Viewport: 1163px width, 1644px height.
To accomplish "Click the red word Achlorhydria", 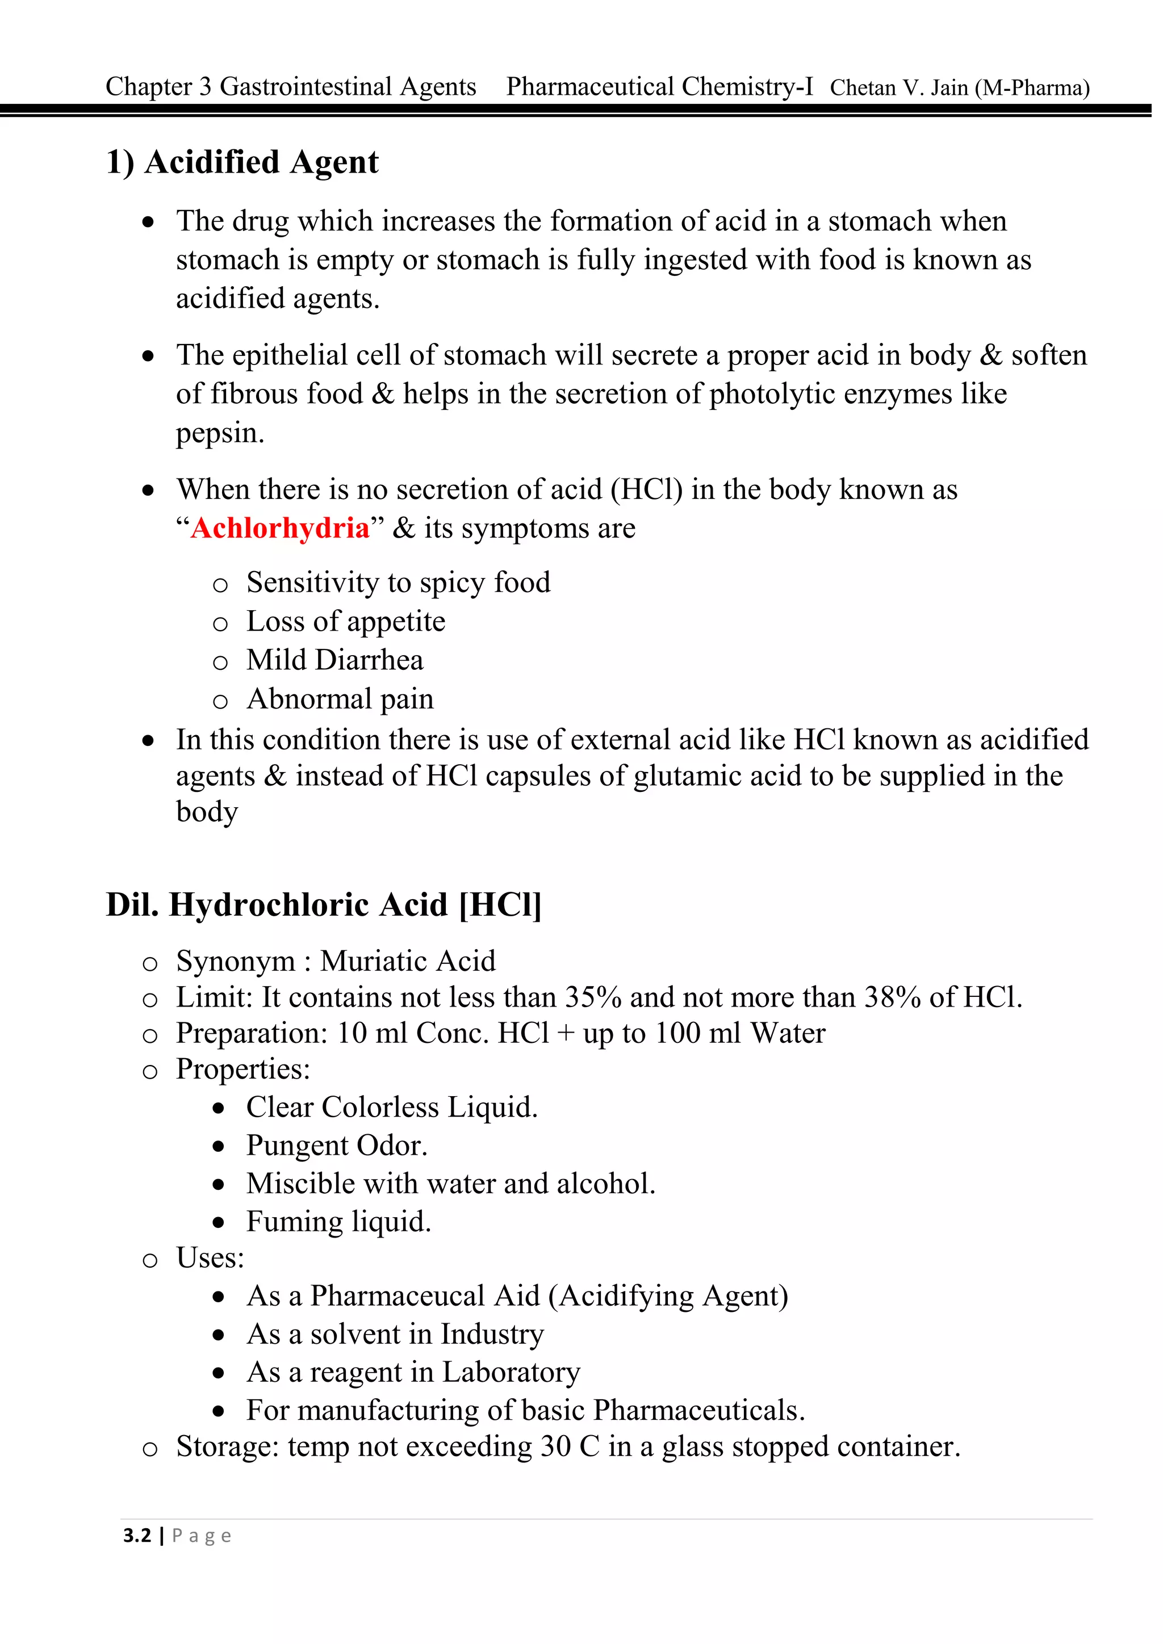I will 280,529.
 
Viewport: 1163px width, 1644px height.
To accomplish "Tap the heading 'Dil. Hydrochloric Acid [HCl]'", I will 324,905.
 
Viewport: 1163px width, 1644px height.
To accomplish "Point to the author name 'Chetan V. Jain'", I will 899,88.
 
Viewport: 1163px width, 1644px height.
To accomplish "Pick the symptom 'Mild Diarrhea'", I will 335,660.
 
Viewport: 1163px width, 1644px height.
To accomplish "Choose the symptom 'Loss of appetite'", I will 346,622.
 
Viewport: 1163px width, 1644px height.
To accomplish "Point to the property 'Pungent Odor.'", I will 337,1146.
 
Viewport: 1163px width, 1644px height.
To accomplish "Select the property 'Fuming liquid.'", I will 338,1222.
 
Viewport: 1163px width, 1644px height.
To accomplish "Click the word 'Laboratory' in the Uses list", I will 511,1372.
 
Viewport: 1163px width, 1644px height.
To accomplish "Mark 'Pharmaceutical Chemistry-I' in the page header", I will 659,87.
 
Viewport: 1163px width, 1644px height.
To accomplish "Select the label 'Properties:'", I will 244,1069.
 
